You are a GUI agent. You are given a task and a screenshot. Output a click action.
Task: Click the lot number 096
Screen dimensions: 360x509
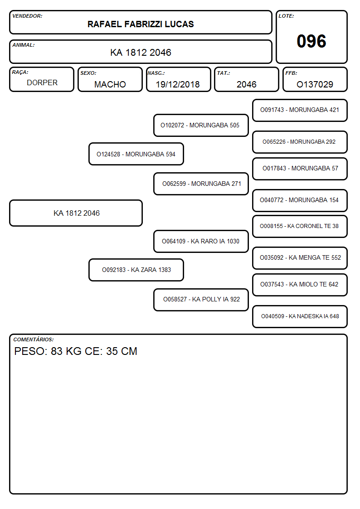point(311,41)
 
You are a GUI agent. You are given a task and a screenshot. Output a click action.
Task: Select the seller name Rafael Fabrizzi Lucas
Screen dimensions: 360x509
point(141,24)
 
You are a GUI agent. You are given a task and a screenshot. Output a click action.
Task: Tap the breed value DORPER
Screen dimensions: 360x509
point(42,83)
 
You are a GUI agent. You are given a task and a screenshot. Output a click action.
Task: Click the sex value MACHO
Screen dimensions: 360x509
point(110,84)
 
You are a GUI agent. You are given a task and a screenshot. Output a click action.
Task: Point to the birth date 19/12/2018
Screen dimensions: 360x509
point(178,84)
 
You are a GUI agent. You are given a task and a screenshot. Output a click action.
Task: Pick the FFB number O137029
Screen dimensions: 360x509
point(315,84)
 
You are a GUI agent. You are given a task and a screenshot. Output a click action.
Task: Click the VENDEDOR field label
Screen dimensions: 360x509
point(27,16)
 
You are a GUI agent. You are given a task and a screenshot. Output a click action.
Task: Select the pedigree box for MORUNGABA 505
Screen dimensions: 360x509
point(201,125)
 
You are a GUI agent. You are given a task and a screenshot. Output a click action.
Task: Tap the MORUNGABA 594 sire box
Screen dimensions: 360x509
point(136,154)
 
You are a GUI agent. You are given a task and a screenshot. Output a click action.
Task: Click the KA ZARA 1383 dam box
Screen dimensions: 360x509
point(136,270)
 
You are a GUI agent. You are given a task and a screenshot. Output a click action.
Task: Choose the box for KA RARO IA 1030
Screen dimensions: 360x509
point(201,241)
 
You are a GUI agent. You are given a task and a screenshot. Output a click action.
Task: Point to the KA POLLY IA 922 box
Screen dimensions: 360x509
point(201,300)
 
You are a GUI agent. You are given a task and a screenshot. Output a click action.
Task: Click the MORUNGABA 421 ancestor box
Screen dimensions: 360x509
point(300,111)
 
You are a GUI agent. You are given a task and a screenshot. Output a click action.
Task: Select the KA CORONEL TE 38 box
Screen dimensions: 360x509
point(300,226)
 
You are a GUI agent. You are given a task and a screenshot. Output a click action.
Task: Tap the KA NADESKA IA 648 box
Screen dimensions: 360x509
point(300,316)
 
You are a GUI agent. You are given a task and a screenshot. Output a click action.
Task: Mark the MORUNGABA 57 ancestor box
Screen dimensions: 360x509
point(300,169)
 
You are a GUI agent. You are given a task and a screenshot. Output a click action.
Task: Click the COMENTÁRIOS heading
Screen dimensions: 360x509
point(34,339)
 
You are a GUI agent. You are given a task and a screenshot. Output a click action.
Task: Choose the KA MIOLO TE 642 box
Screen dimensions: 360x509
point(300,285)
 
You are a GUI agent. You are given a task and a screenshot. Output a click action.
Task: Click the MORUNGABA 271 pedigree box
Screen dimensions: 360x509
point(201,184)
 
